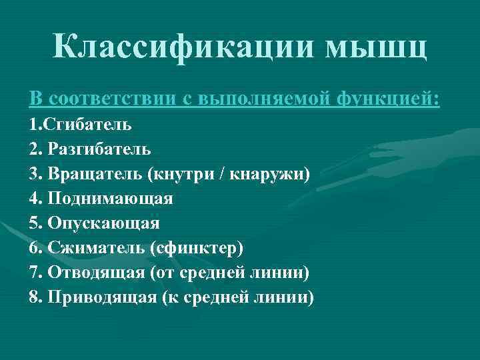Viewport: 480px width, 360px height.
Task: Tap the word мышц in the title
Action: tap(375, 47)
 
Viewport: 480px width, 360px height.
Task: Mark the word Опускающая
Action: tap(103, 223)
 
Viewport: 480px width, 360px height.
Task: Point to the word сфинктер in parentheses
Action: tap(197, 247)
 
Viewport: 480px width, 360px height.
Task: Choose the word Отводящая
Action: tap(96, 272)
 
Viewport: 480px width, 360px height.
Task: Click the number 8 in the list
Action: tap(34, 297)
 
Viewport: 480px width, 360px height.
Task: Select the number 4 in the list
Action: tap(34, 198)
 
